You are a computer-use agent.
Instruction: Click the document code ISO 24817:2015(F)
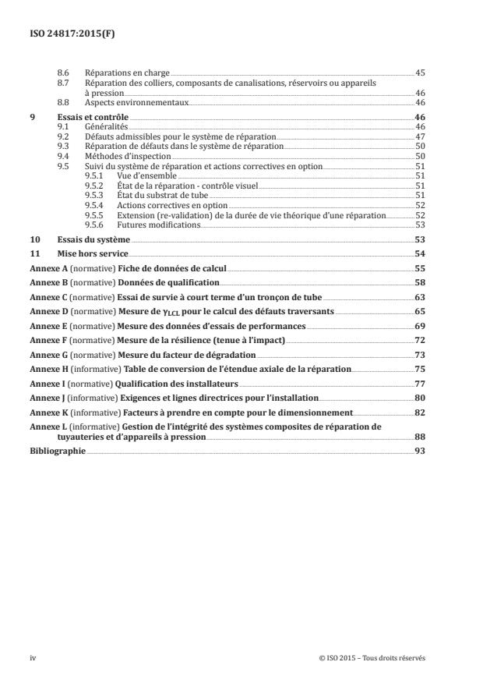click(x=65, y=34)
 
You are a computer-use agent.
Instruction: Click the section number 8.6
click(x=65, y=73)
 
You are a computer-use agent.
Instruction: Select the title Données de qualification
click(x=169, y=282)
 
